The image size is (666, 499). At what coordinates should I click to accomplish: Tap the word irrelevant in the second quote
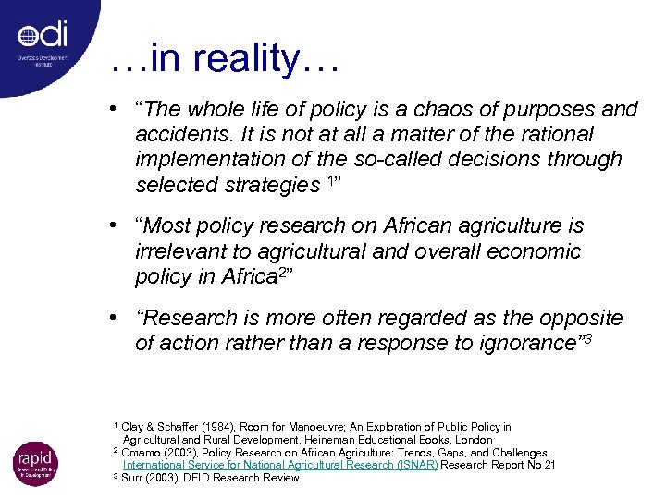[179, 251]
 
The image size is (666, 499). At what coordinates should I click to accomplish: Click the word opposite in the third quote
[584, 319]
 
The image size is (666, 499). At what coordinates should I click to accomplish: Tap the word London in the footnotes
[473, 440]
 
